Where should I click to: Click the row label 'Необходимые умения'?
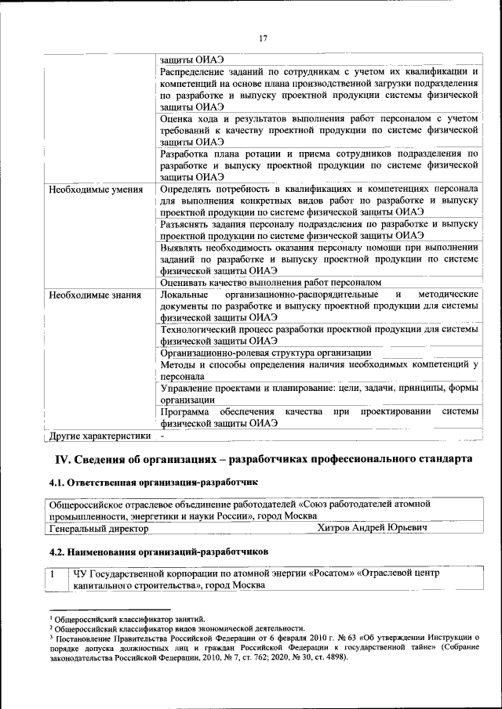(95, 190)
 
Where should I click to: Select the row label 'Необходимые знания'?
(94, 295)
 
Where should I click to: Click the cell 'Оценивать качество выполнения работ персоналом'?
(270, 282)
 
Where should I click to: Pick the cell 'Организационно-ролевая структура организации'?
(265, 353)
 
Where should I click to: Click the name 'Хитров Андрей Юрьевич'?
(372, 529)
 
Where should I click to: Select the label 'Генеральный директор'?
(98, 529)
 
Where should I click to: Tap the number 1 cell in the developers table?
(53, 574)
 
